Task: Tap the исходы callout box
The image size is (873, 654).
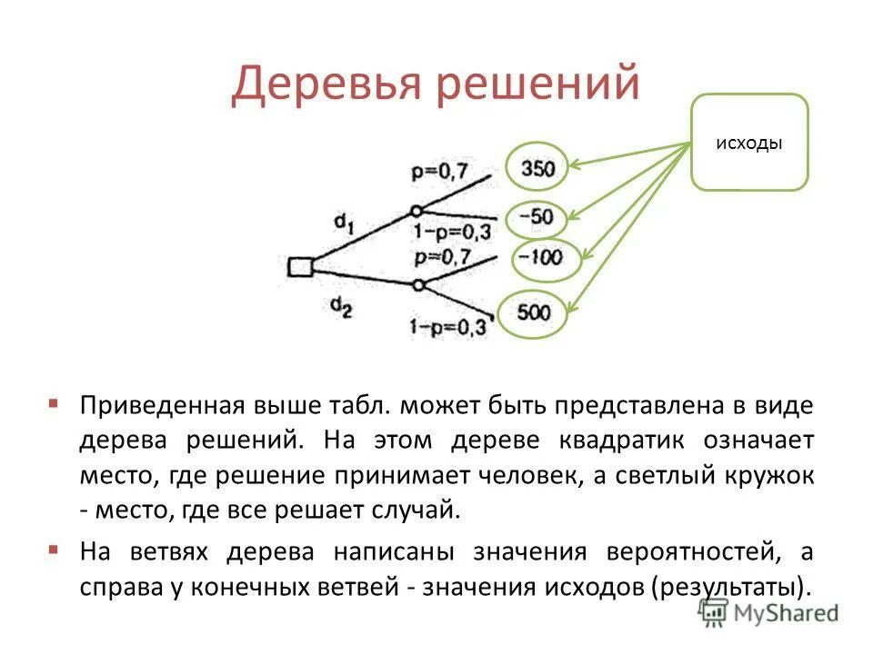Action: [x=749, y=143]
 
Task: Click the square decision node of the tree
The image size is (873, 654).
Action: [x=300, y=266]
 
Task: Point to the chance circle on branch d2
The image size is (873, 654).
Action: [x=418, y=285]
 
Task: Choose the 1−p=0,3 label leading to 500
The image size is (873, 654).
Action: [x=448, y=324]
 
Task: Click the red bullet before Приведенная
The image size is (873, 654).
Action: [x=55, y=401]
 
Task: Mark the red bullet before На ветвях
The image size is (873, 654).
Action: [x=55, y=549]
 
